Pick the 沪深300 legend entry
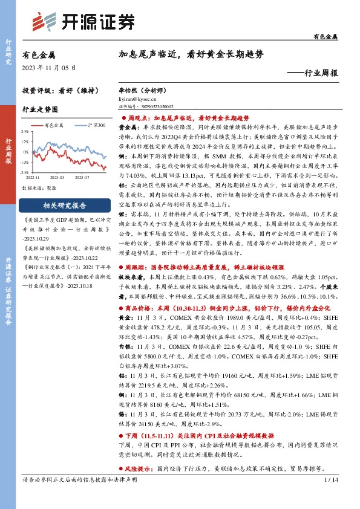tap(94, 125)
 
